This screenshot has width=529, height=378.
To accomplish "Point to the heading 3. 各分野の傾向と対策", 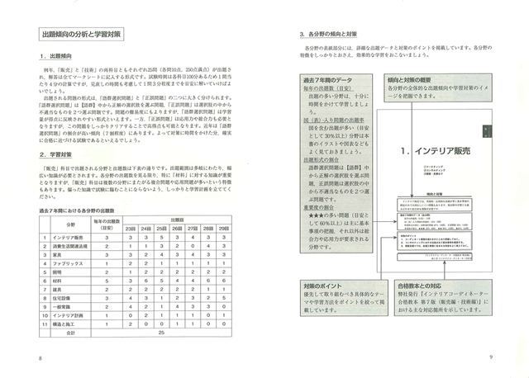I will [334, 35].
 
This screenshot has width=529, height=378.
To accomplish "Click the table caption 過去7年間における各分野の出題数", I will [92, 211].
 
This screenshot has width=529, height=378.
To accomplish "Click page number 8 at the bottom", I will [39, 357].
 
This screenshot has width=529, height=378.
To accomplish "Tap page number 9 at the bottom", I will [490, 357].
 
